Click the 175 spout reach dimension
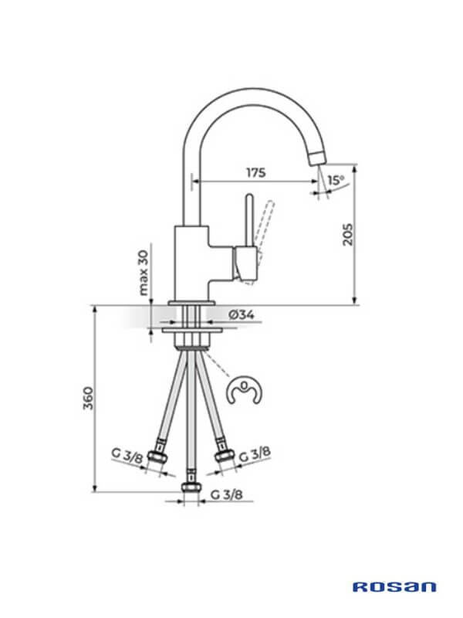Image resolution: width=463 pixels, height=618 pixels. point(256,172)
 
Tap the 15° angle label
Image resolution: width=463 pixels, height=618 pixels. point(336,180)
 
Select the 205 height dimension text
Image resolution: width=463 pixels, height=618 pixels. point(348,235)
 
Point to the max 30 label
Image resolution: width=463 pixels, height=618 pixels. point(144,273)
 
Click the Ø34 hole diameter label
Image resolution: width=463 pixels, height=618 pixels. point(242,314)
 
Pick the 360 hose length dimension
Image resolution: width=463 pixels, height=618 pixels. point(89,398)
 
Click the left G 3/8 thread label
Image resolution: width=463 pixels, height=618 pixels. point(127,456)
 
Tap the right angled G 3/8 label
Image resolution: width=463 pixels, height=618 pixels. point(255,454)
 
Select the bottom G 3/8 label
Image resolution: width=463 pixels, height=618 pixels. point(226,494)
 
